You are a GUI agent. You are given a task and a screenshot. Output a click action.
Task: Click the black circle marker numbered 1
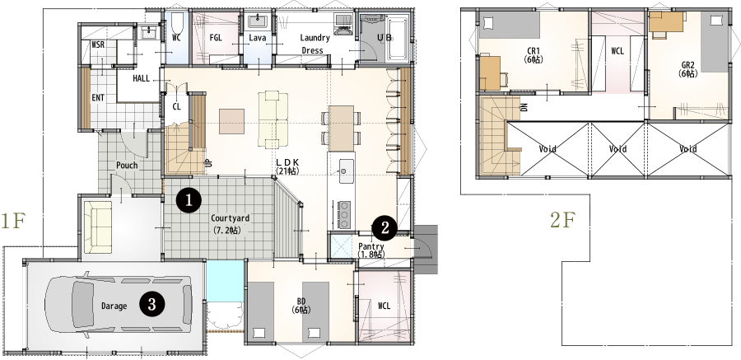(189, 199)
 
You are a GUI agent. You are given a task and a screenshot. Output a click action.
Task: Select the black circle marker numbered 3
(151, 304)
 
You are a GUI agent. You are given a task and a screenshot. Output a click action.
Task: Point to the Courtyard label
(230, 218)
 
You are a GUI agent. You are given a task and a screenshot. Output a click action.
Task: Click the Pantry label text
(371, 246)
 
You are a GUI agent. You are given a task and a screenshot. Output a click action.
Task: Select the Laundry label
(315, 38)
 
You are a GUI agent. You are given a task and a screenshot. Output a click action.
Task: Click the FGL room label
(217, 38)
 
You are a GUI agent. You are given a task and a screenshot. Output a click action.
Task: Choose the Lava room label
(257, 38)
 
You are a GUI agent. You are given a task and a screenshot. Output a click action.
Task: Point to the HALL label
(141, 77)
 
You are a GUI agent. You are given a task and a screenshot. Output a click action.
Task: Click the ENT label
(98, 97)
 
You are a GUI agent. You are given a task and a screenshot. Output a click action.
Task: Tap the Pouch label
(127, 165)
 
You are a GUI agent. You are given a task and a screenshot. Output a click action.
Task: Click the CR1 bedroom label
(534, 51)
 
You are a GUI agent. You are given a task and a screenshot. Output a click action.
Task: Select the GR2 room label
(688, 63)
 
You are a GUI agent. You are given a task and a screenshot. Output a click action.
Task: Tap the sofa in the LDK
(273, 117)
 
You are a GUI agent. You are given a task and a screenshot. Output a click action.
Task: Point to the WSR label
(98, 44)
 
